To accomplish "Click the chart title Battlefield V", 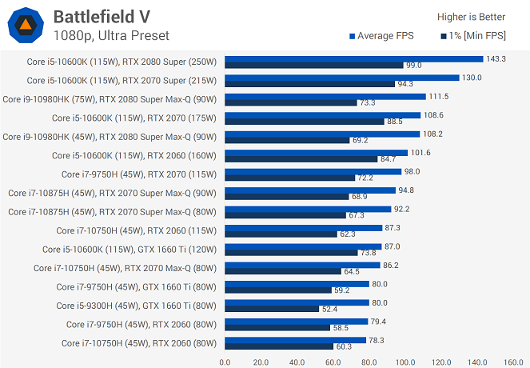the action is [102, 17].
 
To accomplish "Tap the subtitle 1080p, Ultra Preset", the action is [111, 35].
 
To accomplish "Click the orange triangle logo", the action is [26, 25].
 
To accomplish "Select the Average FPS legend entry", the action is [381, 36].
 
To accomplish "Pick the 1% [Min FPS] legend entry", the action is [473, 36].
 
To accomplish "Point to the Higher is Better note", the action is [471, 17].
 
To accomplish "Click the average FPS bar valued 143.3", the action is [354, 59].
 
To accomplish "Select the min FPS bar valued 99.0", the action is [314, 66].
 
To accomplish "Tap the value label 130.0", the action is [472, 78].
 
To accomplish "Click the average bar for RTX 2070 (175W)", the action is [322, 115].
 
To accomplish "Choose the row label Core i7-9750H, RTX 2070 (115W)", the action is [139, 174].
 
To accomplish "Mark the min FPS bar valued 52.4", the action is [272, 309].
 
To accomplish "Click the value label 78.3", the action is [377, 340].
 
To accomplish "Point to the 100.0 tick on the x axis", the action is [405, 362].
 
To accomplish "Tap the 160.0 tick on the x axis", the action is [513, 362].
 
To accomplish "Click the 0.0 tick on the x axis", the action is [225, 362].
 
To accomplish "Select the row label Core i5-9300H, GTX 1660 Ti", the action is [136, 306].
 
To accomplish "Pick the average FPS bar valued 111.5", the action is [325, 97].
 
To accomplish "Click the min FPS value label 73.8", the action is [368, 253].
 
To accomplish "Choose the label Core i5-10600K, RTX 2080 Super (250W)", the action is [122, 62].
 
